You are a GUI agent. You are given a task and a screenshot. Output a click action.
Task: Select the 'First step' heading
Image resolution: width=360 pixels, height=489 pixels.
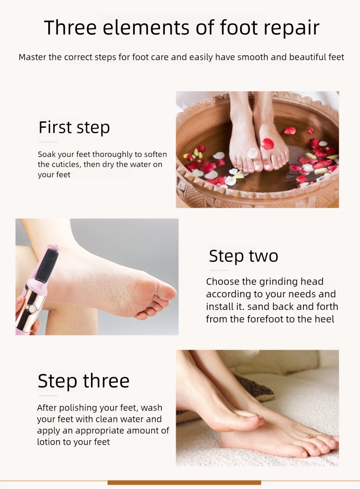74,127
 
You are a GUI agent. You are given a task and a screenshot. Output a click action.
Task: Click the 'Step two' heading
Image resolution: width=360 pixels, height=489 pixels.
243,256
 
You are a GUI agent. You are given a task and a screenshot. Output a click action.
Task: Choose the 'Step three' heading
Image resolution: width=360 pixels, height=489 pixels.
83,381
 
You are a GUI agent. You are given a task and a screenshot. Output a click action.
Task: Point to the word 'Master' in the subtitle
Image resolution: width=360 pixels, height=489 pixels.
34,57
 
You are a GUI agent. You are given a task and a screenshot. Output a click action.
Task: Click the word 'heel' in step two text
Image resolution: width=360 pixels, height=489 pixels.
325,319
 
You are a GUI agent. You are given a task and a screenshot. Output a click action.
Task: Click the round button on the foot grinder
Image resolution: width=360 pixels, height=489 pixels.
33,309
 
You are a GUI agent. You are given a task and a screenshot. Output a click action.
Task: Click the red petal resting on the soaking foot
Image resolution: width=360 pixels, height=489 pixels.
268,143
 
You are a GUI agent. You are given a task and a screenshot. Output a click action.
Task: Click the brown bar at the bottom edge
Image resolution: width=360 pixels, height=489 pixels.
184,482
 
